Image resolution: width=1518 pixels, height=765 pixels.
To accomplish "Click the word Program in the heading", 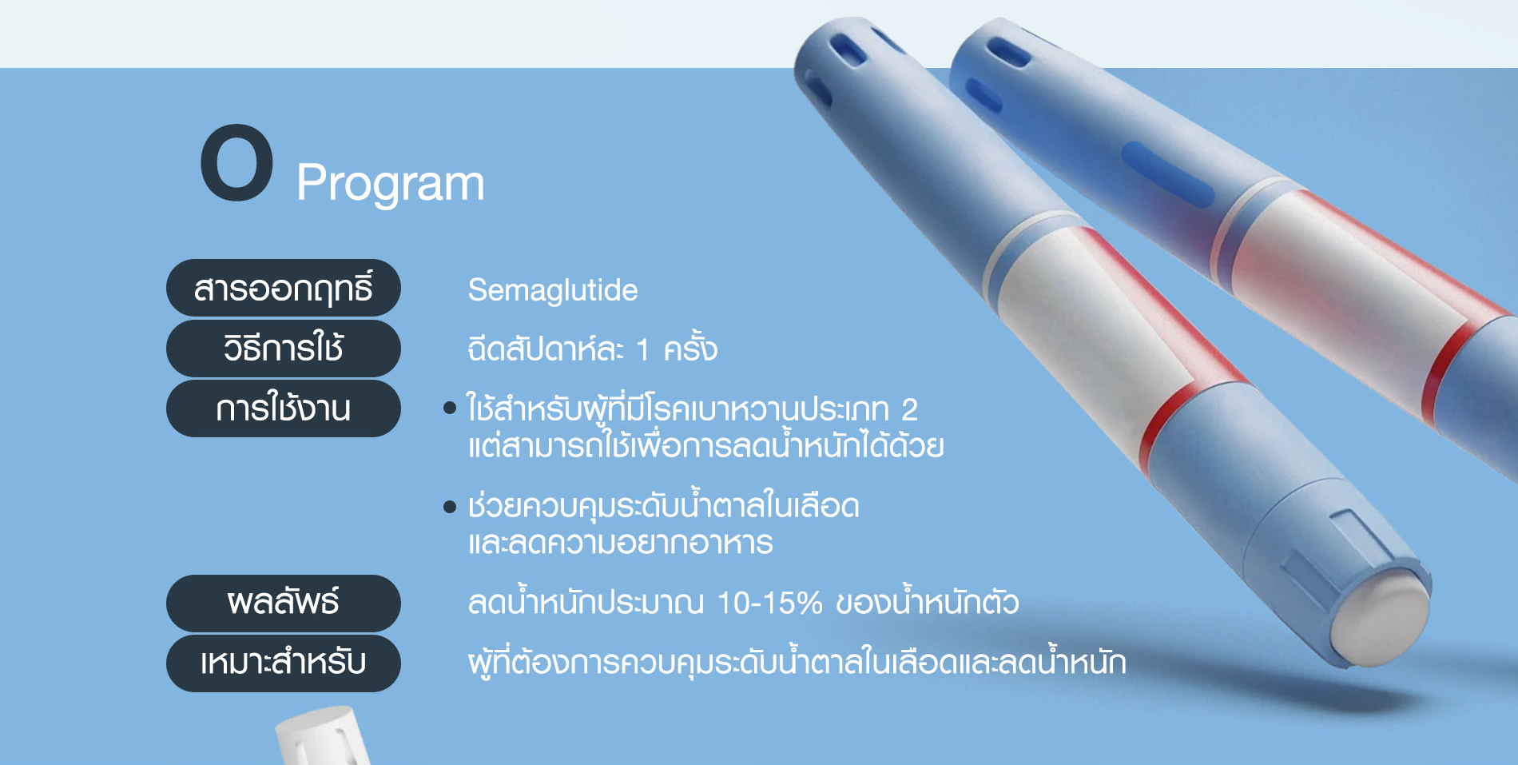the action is click(390, 184).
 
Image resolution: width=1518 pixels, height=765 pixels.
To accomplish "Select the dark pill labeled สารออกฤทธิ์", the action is click(284, 288).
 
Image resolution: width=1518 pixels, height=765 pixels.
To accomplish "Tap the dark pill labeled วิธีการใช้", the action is click(284, 349).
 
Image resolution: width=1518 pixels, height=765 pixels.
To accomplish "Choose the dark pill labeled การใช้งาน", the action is click(284, 408).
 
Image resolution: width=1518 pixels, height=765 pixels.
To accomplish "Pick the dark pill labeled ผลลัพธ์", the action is click(284, 604).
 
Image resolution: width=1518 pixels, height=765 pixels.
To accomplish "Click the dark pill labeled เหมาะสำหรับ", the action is click(284, 663).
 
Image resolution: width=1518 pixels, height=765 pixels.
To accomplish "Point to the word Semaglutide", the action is click(553, 290).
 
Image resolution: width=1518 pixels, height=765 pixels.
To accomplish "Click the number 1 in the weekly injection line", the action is click(642, 350).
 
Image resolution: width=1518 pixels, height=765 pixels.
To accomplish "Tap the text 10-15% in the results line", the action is click(769, 604).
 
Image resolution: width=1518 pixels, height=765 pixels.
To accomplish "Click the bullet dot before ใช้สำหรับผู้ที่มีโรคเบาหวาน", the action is click(450, 408).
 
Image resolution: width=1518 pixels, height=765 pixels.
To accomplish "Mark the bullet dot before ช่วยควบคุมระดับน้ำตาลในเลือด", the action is click(450, 507).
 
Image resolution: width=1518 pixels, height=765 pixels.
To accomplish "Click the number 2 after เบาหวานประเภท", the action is click(909, 410).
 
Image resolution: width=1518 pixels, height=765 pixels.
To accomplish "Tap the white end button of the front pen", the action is click(1381, 619).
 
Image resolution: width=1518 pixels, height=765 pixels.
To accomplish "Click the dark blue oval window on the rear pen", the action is click(1168, 174).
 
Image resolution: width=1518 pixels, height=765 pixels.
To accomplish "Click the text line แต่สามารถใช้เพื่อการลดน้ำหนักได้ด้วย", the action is click(706, 446).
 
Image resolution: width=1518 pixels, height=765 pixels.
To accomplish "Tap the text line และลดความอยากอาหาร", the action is click(621, 544).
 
